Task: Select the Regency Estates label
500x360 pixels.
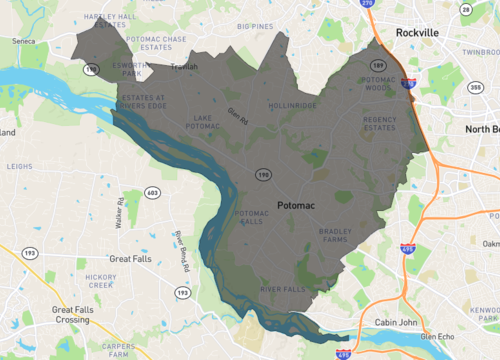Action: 380,123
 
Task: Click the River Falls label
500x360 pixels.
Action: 283,290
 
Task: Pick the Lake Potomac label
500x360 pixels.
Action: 202,122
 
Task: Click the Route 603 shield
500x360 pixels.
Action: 153,192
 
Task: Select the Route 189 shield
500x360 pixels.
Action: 379,67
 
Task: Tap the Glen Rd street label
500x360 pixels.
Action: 237,117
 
